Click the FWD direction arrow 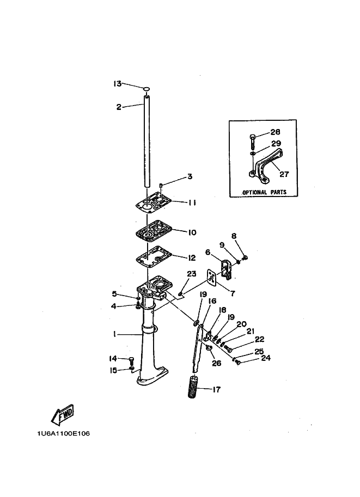tap(63, 415)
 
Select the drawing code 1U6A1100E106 tap(63, 433)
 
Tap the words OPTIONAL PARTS tap(264, 192)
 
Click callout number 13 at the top tap(117, 84)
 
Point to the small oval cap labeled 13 tap(146, 89)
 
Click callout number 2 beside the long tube tap(119, 107)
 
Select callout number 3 tap(190, 176)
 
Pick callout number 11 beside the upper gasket tap(192, 203)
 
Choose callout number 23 tap(192, 273)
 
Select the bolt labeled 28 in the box tap(252, 142)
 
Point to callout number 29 tap(276, 143)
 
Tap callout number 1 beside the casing tap(114, 334)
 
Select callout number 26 tap(217, 363)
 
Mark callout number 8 tap(234, 236)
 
